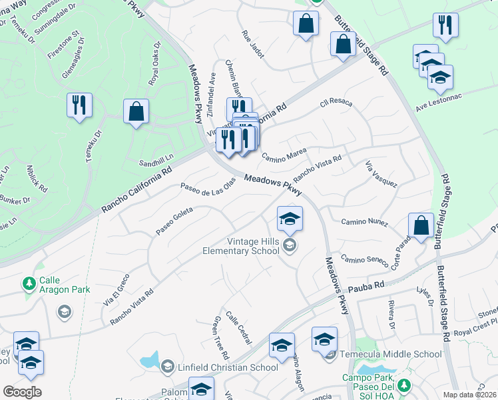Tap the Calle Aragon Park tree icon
click(29, 285)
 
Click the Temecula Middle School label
click(390, 354)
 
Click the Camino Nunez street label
click(364, 221)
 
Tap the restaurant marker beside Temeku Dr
click(79, 106)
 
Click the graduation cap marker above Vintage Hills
click(290, 219)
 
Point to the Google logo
click(22, 392)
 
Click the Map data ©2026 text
click(470, 395)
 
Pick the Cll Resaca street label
click(336, 105)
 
